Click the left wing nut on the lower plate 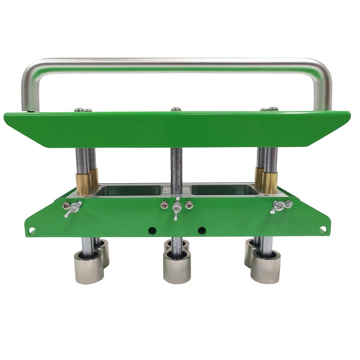73,208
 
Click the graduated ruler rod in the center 176,169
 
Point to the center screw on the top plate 176,109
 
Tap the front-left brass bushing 83,184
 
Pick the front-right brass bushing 269,183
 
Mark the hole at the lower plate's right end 322,229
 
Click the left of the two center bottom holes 152,230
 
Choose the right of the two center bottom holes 202,230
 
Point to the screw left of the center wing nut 164,205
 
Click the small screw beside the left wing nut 66,206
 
